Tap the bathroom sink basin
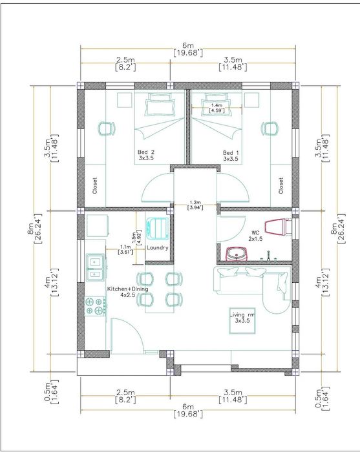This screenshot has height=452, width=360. coord(237,254)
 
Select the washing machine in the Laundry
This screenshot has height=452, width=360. coord(157,228)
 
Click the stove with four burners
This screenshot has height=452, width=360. coord(96,306)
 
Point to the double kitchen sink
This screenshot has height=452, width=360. coord(94,267)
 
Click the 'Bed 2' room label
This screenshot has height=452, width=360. coord(146,155)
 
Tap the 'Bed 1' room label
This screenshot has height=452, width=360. coord(231,156)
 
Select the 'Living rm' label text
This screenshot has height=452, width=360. coord(242,318)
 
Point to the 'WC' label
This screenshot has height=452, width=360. coord(255,232)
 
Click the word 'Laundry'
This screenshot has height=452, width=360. coord(158,248)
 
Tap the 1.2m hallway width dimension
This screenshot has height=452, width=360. coord(195,205)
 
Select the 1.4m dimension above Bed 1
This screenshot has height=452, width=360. coord(217,108)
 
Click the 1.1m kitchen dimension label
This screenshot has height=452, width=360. coord(125,249)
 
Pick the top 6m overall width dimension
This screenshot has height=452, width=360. coord(188,49)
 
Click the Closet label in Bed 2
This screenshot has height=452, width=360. coord(95,185)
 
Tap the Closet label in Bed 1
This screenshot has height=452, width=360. coord(281,185)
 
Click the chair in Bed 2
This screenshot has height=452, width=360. coord(106,128)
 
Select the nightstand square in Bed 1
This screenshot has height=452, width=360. coord(251,100)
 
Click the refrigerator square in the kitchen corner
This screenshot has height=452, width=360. coord(96,225)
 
